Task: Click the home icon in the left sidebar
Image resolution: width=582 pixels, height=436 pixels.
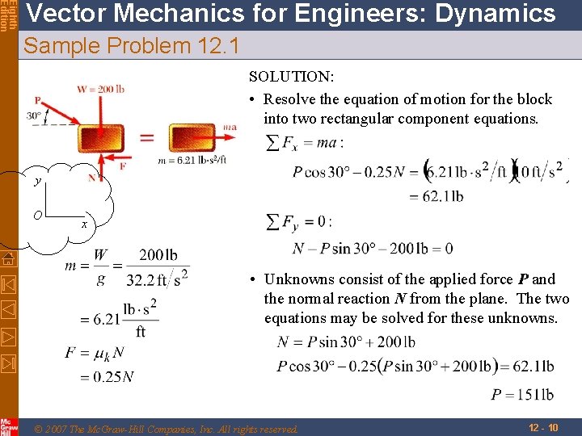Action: pyautogui.click(x=9, y=259)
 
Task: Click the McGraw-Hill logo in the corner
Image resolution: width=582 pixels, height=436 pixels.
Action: pyautogui.click(x=9, y=426)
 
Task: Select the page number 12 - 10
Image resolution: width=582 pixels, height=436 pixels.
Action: pyautogui.click(x=542, y=426)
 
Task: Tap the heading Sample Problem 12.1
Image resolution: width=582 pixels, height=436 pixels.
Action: pyautogui.click(x=132, y=47)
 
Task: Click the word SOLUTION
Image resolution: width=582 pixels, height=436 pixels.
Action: pyautogui.click(x=292, y=78)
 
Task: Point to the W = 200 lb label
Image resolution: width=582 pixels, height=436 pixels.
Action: pyautogui.click(x=100, y=90)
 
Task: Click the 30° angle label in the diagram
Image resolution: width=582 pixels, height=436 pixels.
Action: pyautogui.click(x=34, y=116)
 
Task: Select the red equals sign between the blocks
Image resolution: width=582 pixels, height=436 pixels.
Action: pyautogui.click(x=147, y=137)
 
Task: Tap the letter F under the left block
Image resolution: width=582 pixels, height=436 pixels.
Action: pyautogui.click(x=122, y=166)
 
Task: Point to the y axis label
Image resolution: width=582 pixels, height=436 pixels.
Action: pyautogui.click(x=37, y=182)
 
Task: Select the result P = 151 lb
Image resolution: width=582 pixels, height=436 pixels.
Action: pyautogui.click(x=522, y=395)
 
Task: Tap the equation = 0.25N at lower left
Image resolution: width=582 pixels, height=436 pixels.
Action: pyautogui.click(x=101, y=376)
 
